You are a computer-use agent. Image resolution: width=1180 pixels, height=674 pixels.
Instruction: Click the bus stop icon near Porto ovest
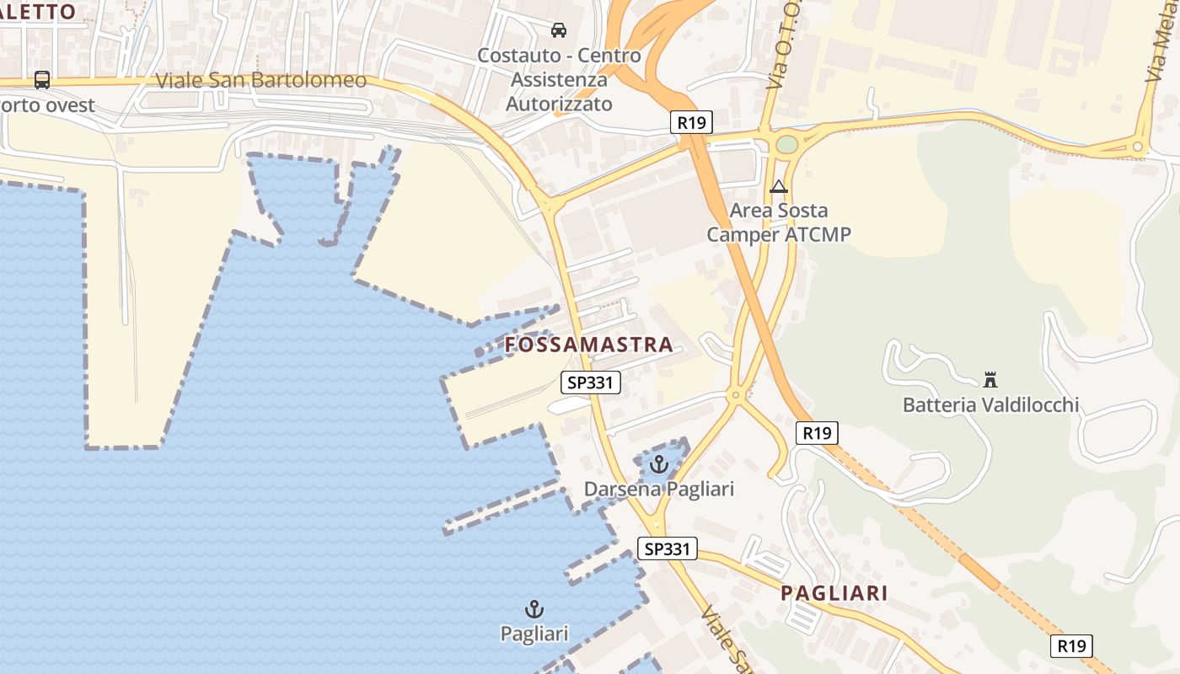[x=42, y=80]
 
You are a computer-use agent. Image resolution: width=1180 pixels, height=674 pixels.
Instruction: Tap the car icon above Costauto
[x=558, y=31]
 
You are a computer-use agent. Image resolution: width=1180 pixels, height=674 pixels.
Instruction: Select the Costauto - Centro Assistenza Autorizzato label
[x=559, y=80]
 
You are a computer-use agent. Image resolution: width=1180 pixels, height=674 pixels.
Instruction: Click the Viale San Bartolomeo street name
[x=261, y=80]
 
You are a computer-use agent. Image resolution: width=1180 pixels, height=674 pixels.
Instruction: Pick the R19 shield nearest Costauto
[x=691, y=122]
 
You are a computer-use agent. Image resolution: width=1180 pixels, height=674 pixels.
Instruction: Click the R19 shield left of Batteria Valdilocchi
[x=816, y=433]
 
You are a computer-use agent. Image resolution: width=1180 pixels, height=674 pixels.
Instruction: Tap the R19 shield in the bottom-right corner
[x=1071, y=646]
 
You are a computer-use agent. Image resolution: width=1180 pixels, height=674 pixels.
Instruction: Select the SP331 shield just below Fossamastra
[x=591, y=382]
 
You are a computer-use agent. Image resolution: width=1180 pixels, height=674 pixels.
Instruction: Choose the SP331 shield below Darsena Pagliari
[x=668, y=549]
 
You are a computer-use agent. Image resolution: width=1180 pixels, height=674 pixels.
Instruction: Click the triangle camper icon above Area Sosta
[x=778, y=186]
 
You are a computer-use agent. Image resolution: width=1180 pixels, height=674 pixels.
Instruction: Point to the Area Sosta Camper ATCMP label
[x=778, y=222]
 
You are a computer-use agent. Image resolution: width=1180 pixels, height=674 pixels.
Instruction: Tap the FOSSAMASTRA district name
[x=589, y=345]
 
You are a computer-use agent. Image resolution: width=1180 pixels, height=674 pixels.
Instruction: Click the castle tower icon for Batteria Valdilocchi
[x=990, y=380]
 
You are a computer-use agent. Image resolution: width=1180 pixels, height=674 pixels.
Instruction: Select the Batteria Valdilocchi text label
[x=990, y=405]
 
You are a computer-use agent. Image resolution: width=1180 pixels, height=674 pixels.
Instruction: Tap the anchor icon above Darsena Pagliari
[x=659, y=464]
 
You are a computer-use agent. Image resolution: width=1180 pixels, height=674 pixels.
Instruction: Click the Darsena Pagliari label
[x=659, y=489]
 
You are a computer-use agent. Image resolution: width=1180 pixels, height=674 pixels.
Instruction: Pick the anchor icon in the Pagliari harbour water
[x=534, y=608]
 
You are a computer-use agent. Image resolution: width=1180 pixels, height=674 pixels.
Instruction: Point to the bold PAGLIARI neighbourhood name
[x=834, y=593]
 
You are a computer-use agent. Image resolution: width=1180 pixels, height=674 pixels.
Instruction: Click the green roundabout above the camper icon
[x=786, y=145]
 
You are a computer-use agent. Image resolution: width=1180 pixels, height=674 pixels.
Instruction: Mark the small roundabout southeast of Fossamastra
[x=737, y=394]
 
